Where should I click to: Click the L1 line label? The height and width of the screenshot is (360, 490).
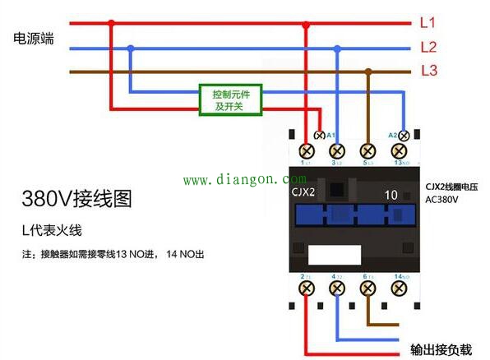[x=428, y=22]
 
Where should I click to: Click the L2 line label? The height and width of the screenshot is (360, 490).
[x=428, y=47]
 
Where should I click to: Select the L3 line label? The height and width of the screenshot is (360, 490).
[x=428, y=71]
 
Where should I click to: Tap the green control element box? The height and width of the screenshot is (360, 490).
[x=231, y=100]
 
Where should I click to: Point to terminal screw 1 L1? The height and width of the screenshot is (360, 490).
[x=307, y=151]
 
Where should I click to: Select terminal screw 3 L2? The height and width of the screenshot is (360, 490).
[x=337, y=151]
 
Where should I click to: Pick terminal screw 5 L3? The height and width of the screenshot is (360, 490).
[x=367, y=151]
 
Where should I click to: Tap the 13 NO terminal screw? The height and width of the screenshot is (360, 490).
[x=400, y=151]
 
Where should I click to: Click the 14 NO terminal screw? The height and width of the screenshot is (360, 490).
[x=400, y=288]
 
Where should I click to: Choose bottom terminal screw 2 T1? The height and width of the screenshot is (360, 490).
[x=307, y=288]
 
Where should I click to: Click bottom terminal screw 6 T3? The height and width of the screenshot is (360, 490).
[x=367, y=288]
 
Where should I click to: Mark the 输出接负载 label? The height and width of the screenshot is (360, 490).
[x=441, y=348]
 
